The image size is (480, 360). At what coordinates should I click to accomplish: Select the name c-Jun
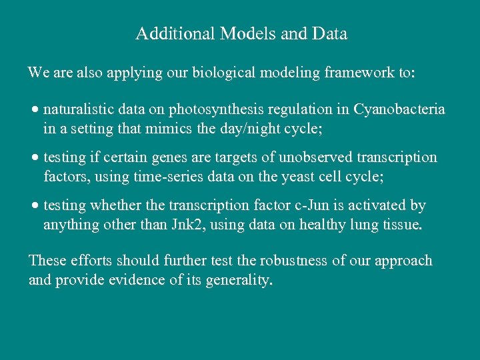(x=317, y=206)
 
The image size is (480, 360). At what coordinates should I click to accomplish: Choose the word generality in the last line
(x=240, y=280)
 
